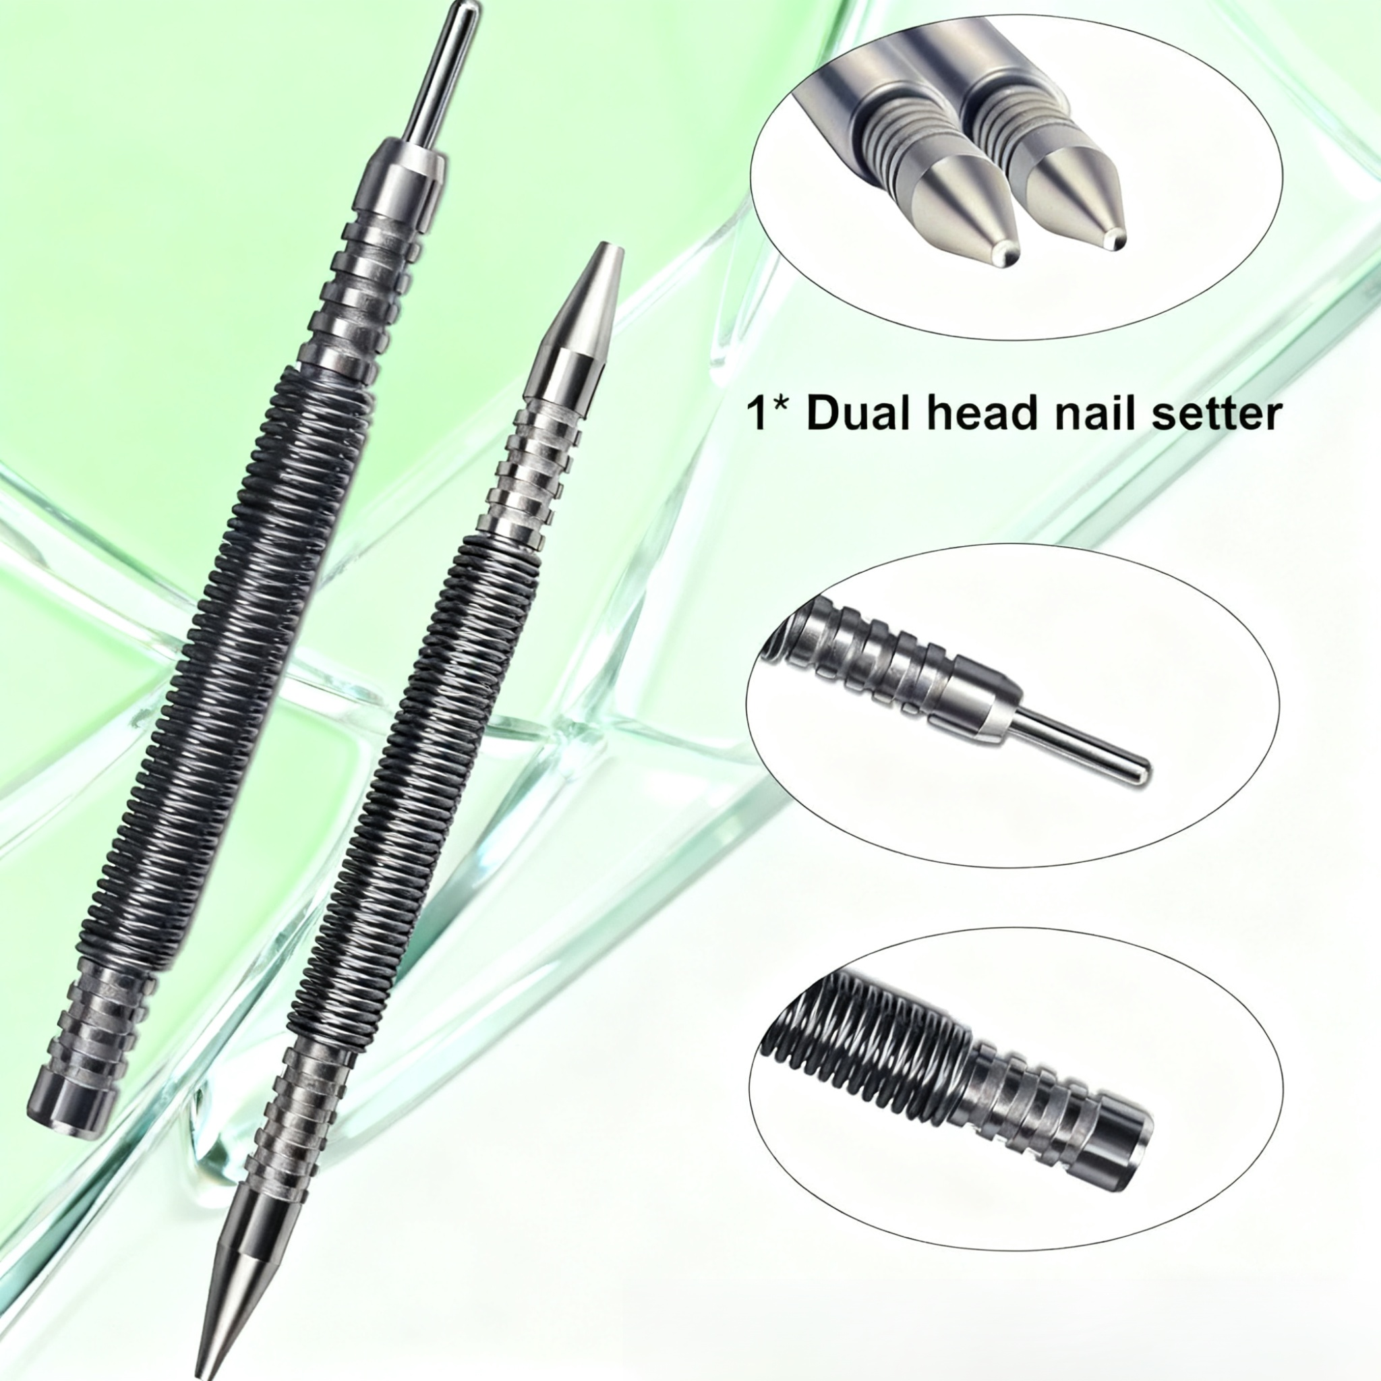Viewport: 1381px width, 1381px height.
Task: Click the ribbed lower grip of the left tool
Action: (x=100, y=1022)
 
